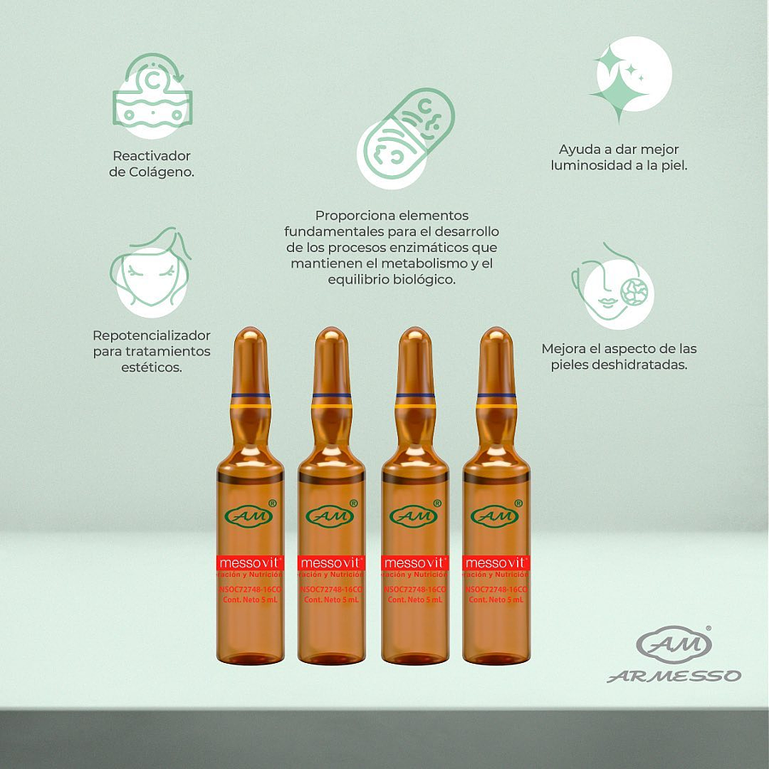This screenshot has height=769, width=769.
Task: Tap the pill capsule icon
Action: click(x=405, y=138)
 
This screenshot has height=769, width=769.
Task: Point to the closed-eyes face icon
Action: click(x=150, y=272)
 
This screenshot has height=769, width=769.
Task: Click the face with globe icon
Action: click(x=612, y=287)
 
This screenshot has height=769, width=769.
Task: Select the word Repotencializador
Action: click(x=151, y=335)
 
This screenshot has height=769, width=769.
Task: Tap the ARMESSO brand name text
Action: click(x=674, y=677)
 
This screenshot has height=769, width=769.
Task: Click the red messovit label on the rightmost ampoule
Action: click(x=496, y=563)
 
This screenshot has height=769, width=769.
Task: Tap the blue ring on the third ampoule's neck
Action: click(x=414, y=395)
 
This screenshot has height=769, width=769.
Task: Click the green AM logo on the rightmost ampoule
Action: click(x=496, y=516)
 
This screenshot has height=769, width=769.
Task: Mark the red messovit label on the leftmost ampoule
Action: click(x=249, y=563)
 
